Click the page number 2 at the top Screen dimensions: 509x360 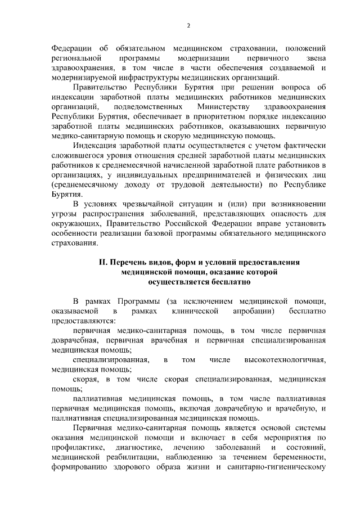pyautogui.click(x=188, y=25)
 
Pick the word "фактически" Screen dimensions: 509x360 pyautogui.click(x=303, y=145)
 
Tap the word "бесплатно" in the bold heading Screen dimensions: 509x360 pyautogui.click(x=219, y=282)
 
